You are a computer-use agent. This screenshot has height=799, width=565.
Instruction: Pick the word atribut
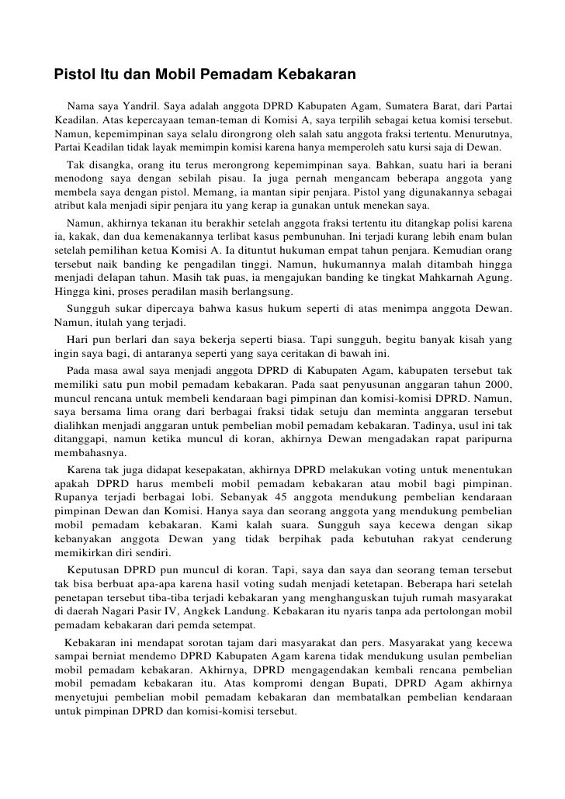pyautogui.click(x=72, y=206)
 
